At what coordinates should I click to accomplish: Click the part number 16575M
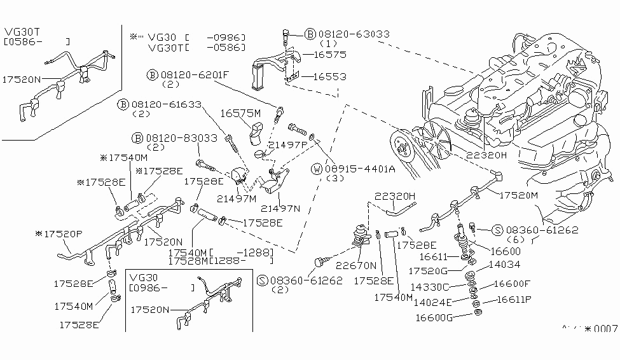241,113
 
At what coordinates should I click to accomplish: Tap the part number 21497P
287,145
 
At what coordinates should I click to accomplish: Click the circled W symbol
317,169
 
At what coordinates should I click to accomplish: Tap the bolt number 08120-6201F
194,74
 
